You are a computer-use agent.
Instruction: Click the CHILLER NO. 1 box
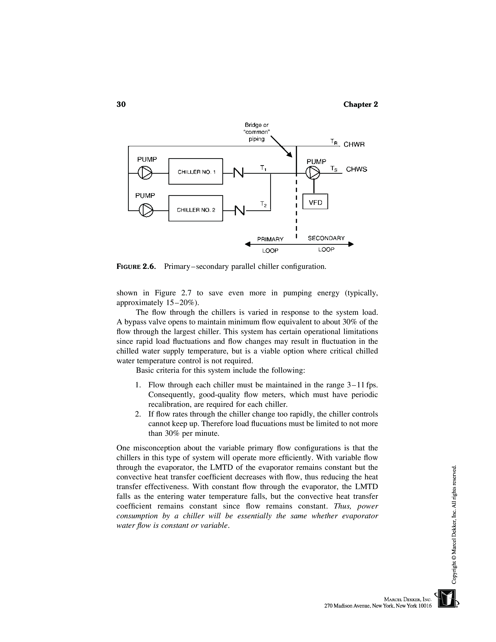pyautogui.click(x=195, y=171)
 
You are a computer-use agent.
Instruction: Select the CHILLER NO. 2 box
pyautogui.click(x=195, y=208)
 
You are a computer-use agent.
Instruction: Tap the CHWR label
pyautogui.click(x=354, y=145)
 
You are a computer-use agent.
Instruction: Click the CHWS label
pyautogui.click(x=356, y=169)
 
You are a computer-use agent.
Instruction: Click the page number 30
pyautogui.click(x=121, y=104)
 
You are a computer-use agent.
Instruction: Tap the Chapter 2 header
pyautogui.click(x=361, y=104)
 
